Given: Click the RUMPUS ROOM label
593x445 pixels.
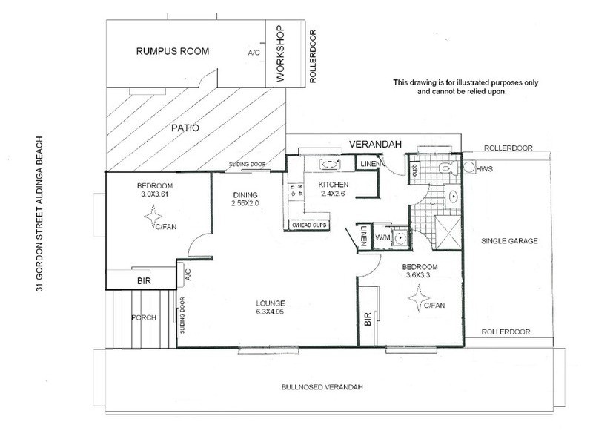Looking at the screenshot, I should pos(172,51).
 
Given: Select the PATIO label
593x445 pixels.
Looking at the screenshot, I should pos(185,127).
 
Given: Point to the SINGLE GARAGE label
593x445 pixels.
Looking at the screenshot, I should pos(508,241).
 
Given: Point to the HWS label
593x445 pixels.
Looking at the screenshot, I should pos(485,170).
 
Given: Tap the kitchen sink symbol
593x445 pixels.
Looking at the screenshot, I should pos(328,165).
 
